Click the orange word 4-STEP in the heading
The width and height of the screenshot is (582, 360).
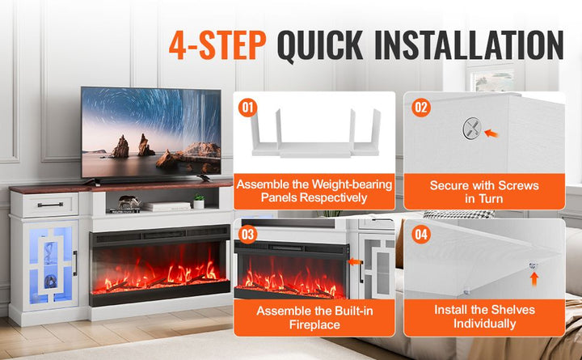point(216,45)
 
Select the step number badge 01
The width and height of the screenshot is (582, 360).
point(248,106)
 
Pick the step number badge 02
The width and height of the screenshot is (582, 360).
point(420,106)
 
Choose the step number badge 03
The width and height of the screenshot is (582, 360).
point(248,235)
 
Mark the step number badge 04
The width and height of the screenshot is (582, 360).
point(420,235)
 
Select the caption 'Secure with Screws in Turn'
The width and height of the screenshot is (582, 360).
point(483,193)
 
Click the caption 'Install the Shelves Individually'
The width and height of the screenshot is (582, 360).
point(483,317)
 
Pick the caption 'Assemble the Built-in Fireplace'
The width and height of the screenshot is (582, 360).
point(314,317)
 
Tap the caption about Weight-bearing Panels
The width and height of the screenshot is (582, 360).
point(314,192)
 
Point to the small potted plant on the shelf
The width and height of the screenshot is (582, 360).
point(198,201)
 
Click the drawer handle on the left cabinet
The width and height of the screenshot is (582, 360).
point(49,205)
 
